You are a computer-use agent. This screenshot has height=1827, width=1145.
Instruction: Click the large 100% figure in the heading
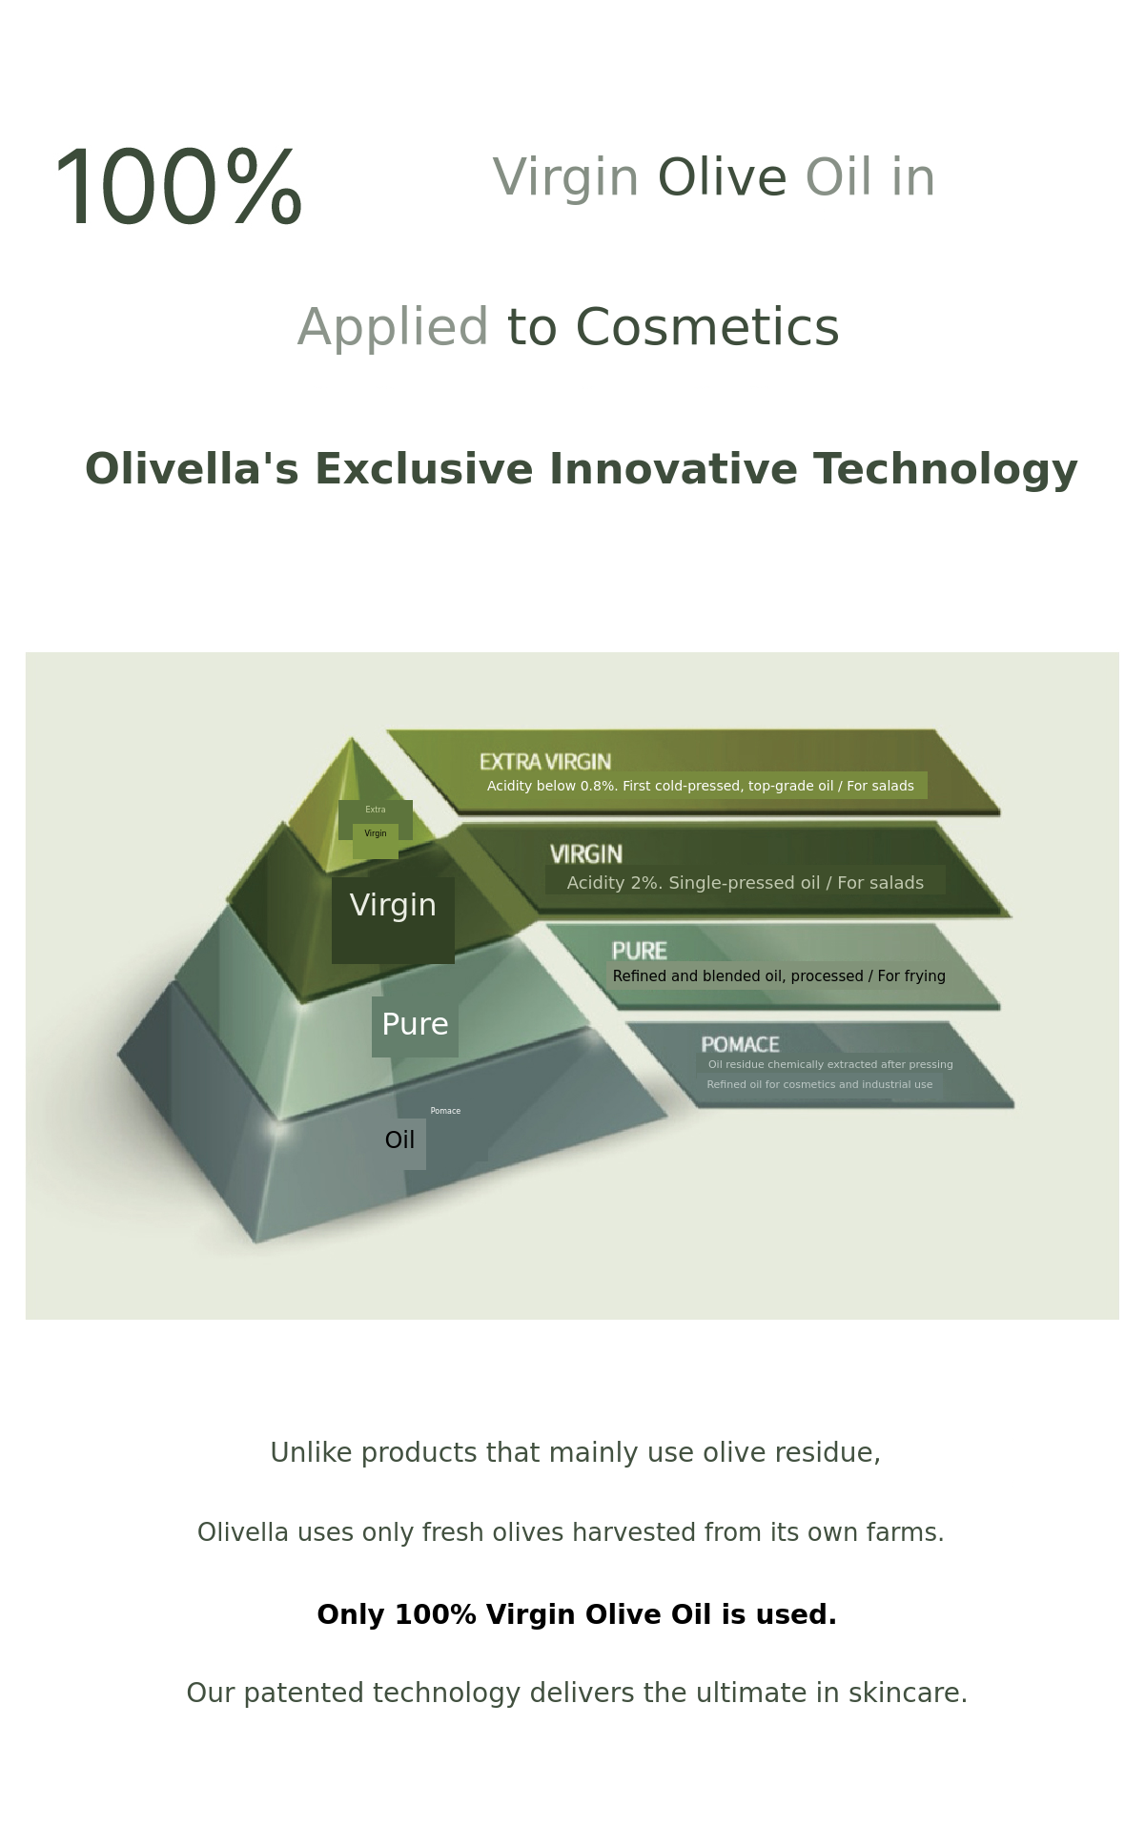[178, 187]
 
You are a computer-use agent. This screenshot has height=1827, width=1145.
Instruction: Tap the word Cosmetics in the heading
[706, 327]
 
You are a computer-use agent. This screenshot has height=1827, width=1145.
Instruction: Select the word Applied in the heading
[393, 329]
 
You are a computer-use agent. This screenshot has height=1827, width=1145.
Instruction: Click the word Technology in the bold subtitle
[945, 470]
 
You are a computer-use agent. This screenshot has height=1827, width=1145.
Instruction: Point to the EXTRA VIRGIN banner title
[545, 762]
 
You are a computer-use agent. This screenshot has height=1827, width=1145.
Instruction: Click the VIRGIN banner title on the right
[586, 854]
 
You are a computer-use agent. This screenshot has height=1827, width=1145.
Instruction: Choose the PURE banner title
[640, 951]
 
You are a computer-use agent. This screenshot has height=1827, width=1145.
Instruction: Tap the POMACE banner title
[741, 1044]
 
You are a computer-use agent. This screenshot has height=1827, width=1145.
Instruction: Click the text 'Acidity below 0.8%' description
[701, 786]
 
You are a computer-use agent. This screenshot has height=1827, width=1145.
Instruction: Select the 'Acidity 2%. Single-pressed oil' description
[746, 883]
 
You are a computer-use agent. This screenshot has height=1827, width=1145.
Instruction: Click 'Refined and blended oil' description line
[779, 975]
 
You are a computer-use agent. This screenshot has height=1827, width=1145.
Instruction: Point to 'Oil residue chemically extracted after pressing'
[830, 1064]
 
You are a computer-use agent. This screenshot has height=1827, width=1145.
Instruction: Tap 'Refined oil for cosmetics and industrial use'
[820, 1084]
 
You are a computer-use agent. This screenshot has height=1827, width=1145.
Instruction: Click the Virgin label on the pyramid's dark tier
[393, 905]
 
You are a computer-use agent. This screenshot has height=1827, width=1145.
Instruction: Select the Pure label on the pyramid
[415, 1024]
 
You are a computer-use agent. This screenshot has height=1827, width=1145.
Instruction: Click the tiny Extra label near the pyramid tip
[376, 810]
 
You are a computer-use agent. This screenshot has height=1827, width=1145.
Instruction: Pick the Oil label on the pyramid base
[399, 1139]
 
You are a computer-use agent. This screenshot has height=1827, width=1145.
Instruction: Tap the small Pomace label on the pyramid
[445, 1111]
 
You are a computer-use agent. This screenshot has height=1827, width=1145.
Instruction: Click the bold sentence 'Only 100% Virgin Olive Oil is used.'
[577, 1614]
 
